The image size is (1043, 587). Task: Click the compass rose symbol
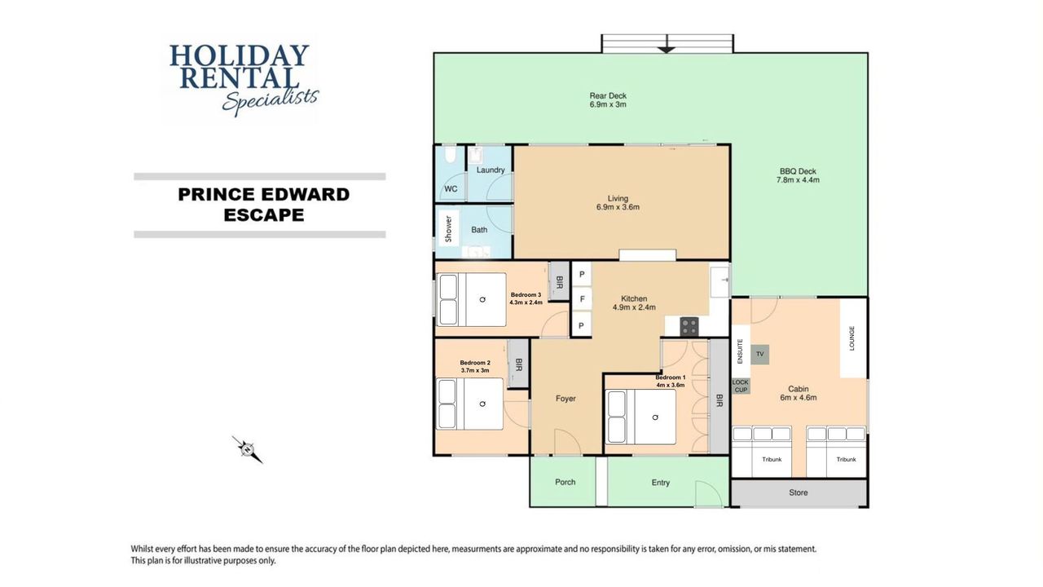[x=248, y=449]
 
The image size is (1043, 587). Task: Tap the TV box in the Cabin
[x=760, y=355]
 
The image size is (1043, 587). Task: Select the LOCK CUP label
[x=741, y=386]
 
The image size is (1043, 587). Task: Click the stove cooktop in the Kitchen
[x=689, y=326]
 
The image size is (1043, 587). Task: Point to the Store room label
[x=798, y=492]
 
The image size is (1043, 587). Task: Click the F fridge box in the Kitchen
[x=582, y=299]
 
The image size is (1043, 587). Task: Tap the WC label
[x=451, y=188]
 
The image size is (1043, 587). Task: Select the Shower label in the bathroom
[x=448, y=229]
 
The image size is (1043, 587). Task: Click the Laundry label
[x=491, y=170]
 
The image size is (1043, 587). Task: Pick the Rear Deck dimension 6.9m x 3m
[x=608, y=104]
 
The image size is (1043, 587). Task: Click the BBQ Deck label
[x=798, y=171]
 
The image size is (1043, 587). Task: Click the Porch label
[x=565, y=482]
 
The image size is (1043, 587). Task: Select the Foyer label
[x=566, y=399]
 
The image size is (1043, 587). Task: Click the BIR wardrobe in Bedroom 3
[x=559, y=281]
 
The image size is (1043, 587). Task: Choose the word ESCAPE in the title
[x=263, y=215]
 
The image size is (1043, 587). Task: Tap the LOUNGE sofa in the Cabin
[x=853, y=338]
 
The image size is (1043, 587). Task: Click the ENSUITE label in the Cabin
[x=740, y=351]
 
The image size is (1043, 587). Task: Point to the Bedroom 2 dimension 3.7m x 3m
[x=475, y=370]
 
